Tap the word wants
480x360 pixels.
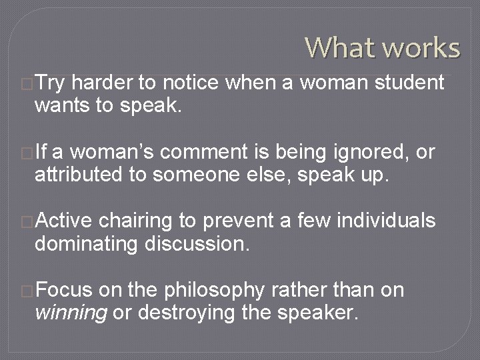pyautogui.click(x=61, y=105)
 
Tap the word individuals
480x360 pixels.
pyautogui.click(x=387, y=222)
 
